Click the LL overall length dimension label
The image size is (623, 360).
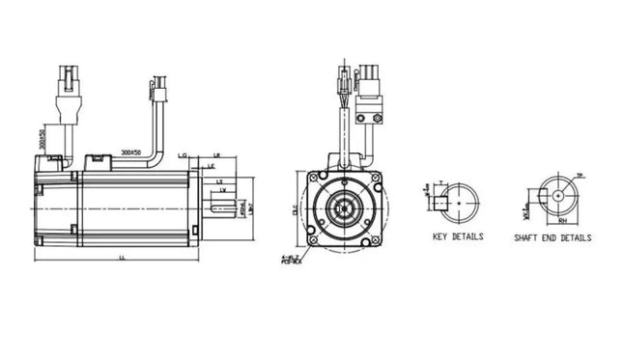point(121,258)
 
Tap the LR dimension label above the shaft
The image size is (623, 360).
point(216,154)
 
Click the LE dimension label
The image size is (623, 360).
point(211,167)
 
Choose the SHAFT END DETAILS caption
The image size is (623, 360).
point(552,237)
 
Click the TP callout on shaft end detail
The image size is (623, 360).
point(580,176)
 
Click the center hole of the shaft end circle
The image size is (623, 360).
point(558,194)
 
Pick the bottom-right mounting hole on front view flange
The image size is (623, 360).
point(373,238)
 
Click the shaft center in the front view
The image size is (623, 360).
point(343,208)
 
